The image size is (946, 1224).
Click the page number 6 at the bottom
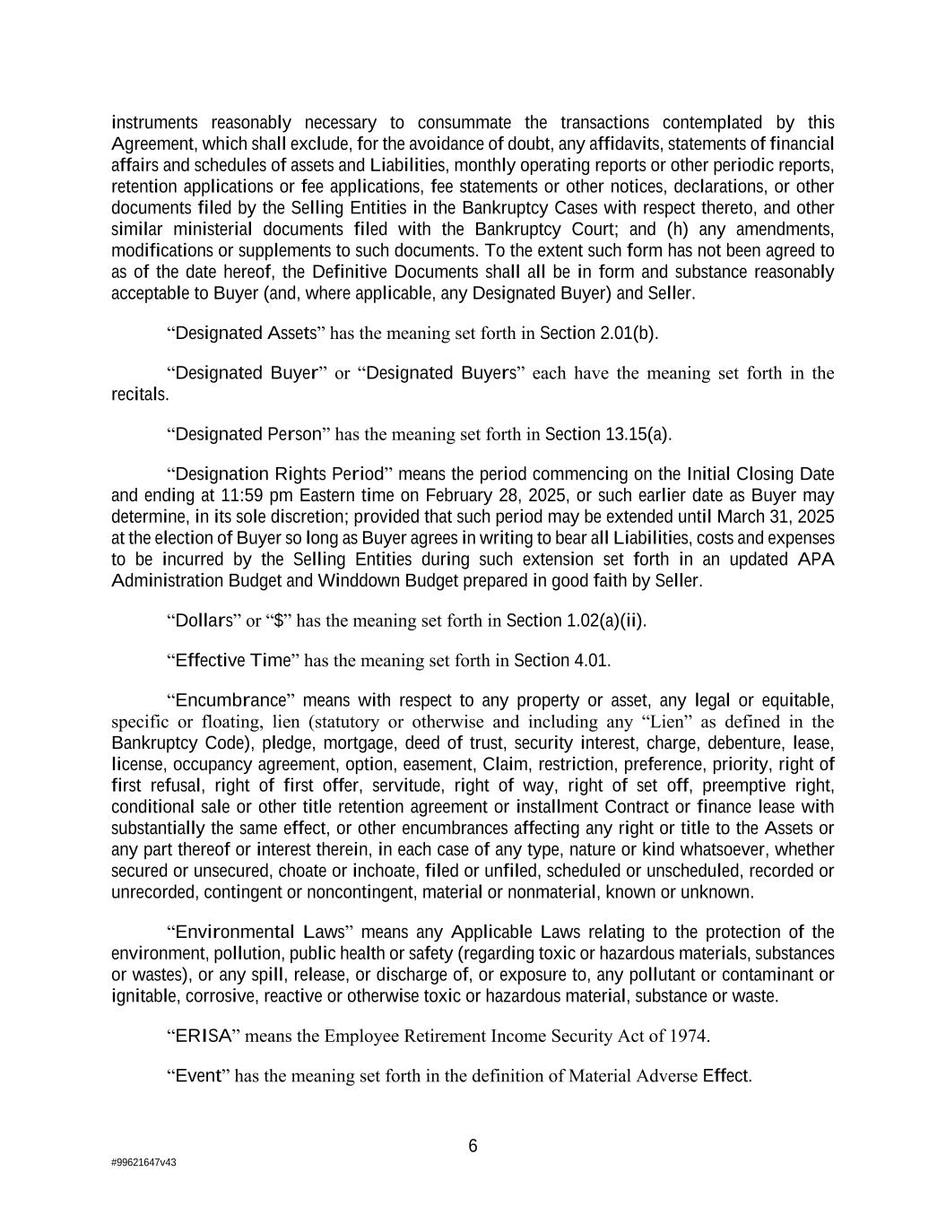(473, 1146)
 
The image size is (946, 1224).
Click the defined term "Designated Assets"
(247, 334)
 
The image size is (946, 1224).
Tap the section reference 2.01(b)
(628, 334)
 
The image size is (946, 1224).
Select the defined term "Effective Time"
(233, 661)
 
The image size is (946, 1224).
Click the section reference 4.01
(591, 661)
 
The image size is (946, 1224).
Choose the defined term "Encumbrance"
(230, 700)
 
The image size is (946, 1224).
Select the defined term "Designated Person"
(248, 434)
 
